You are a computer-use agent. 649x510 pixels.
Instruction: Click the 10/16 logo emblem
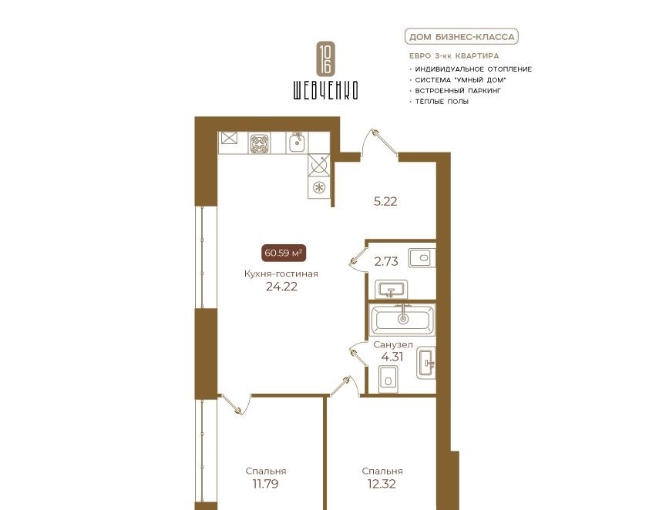pyautogui.click(x=326, y=59)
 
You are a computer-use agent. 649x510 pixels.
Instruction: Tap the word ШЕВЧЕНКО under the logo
pyautogui.click(x=326, y=90)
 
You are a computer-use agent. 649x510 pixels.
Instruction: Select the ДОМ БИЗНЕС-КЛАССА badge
pyautogui.click(x=462, y=37)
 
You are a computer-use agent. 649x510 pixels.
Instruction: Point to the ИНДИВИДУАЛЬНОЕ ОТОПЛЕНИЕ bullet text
pyautogui.click(x=473, y=69)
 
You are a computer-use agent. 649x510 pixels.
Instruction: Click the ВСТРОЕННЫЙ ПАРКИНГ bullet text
pyautogui.click(x=458, y=91)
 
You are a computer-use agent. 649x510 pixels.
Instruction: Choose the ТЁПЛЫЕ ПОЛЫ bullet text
pyautogui.click(x=442, y=102)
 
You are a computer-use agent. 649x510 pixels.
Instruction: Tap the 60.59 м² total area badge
pyautogui.click(x=284, y=253)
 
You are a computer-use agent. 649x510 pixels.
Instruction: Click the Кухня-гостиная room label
pyautogui.click(x=281, y=273)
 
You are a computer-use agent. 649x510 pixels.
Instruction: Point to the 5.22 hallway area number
pyautogui.click(x=385, y=201)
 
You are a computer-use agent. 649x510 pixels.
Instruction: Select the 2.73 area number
pyautogui.click(x=386, y=261)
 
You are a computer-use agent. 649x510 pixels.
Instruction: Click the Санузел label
pyautogui.click(x=393, y=344)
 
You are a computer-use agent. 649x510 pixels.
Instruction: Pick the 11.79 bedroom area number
pyautogui.click(x=265, y=484)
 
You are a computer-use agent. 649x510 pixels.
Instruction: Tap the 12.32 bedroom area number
pyautogui.click(x=382, y=484)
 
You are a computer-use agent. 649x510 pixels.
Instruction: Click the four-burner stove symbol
pyautogui.click(x=260, y=143)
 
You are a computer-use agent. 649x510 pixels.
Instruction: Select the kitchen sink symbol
pyautogui.click(x=297, y=143)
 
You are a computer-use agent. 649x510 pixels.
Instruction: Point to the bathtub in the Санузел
pyautogui.click(x=402, y=320)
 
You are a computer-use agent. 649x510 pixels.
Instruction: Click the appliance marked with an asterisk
pyautogui.click(x=319, y=187)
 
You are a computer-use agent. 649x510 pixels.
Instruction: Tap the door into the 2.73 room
pyautogui.click(x=358, y=257)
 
